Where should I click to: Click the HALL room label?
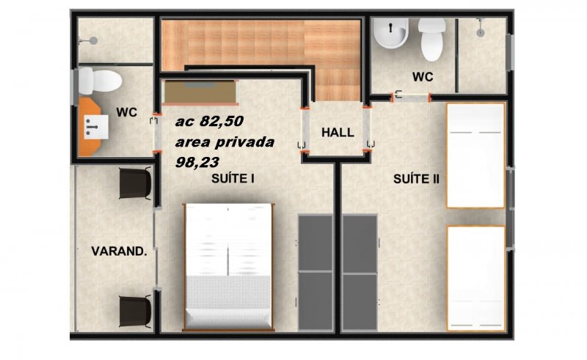point(338,133)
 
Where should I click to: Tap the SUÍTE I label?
point(233,178)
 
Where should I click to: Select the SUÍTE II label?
point(416,179)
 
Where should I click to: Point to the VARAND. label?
point(119,251)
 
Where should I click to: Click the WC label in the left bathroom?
point(126,112)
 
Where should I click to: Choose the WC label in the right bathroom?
point(423,77)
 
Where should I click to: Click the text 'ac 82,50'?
point(209,121)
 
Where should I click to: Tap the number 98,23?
point(197,162)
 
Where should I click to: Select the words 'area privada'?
point(225,142)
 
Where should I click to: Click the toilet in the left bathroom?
point(100,81)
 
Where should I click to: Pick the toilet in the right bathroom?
point(432,40)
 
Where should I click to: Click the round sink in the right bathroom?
point(390,34)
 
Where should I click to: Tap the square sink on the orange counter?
point(96,127)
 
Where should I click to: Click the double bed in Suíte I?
point(228,267)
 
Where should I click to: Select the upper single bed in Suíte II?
point(475,155)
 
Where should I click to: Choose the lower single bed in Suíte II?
point(475,279)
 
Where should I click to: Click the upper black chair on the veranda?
point(135,183)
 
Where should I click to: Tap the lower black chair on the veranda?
point(135,311)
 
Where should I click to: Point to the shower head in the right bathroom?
point(481,29)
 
